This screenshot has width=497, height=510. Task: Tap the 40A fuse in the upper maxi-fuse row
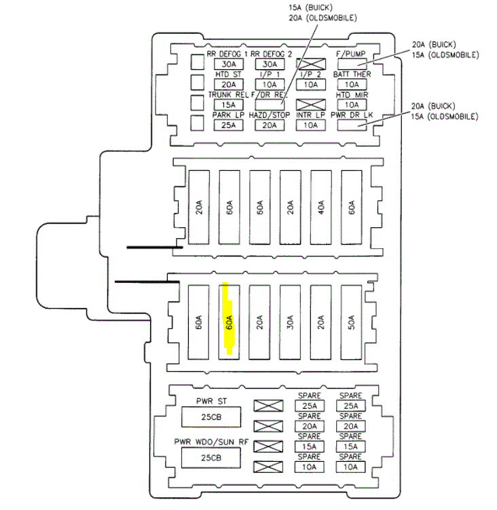(320, 206)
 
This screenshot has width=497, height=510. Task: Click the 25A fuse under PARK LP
(228, 125)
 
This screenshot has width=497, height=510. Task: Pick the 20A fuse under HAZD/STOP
(270, 125)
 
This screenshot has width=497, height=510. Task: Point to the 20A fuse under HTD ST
(228, 84)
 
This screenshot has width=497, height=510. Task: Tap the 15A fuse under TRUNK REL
(228, 104)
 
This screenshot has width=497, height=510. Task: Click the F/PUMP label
(351, 54)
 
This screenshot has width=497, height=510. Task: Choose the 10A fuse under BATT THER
(351, 84)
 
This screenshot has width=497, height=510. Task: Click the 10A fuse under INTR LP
(310, 125)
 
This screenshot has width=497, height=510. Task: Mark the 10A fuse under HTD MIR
(351, 104)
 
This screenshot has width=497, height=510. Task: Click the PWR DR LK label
(351, 115)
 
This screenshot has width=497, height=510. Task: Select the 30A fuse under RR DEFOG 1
(228, 64)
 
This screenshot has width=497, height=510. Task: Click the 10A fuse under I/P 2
(310, 84)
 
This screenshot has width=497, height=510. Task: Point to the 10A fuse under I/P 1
(270, 84)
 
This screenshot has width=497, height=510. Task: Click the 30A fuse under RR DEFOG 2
(270, 64)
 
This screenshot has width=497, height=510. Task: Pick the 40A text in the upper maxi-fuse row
(320, 206)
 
